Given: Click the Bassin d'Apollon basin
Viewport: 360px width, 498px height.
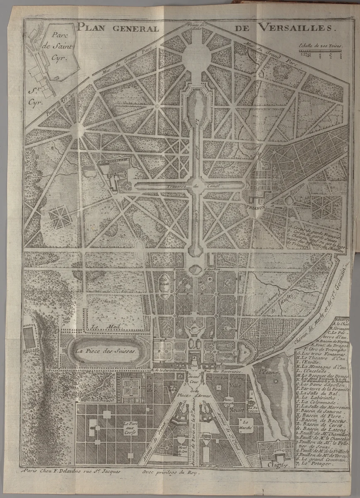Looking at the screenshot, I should pyautogui.click(x=194, y=270).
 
